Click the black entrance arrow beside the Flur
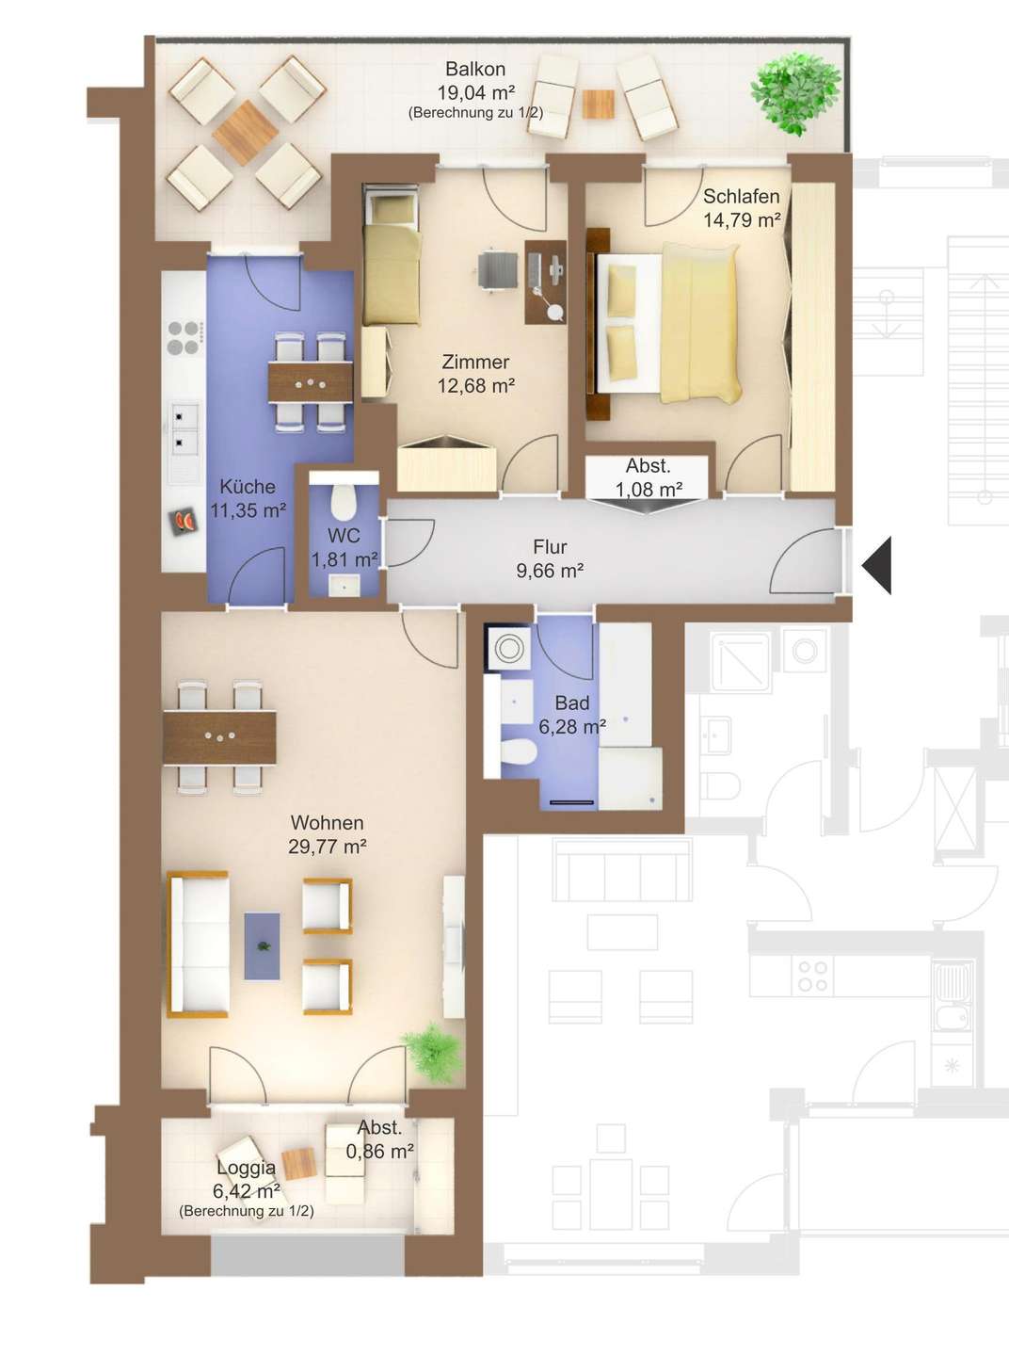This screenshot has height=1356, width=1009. (x=877, y=566)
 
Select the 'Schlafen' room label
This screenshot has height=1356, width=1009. (x=742, y=196)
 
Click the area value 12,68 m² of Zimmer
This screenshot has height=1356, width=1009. (x=475, y=386)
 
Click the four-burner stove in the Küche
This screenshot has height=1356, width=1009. (x=184, y=338)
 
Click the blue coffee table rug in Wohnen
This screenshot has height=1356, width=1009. (x=263, y=946)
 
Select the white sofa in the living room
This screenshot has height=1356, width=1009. (x=198, y=944)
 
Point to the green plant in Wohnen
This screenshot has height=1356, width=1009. (x=432, y=1054)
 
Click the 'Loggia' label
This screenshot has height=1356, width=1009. (x=247, y=1167)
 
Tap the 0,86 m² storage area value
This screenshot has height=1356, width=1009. (x=379, y=1152)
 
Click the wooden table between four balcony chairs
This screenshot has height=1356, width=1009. (x=246, y=133)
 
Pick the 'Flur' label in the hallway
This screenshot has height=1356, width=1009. (x=550, y=546)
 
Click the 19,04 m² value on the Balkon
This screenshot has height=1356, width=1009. (x=475, y=92)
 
